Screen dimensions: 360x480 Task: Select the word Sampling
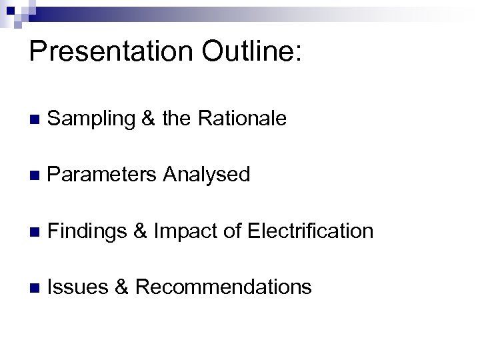pos(93,119)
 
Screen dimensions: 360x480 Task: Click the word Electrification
pos(311,231)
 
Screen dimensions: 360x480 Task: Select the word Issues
pos(75,287)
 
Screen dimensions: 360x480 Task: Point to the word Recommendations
pos(223,287)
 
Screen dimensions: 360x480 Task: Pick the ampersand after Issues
pos(121,287)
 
